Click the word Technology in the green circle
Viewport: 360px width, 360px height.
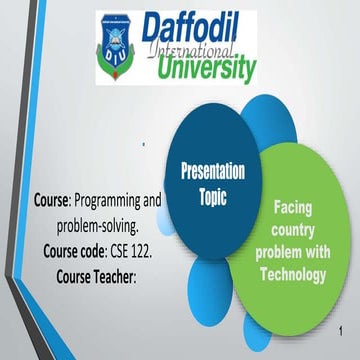[x=299, y=267]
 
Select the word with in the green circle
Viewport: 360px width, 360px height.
[x=324, y=248]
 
